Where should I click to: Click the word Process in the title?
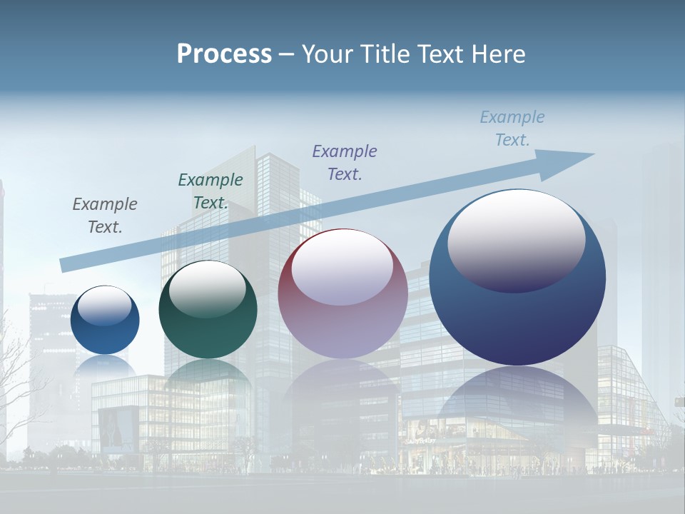pos(224,54)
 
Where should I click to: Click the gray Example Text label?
pos(105,216)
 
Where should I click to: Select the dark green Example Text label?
pos(210,191)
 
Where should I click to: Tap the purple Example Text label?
pos(345,162)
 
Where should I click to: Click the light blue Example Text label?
pos(512,128)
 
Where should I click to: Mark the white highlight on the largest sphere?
pos(517,239)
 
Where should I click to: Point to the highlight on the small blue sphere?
pos(105,306)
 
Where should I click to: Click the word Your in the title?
pos(328,54)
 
